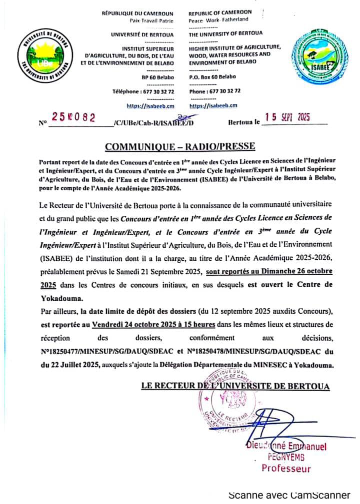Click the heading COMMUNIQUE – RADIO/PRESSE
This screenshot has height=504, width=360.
180,146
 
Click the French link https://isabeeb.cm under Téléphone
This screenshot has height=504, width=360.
150,105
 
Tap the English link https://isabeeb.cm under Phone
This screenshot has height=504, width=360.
213,105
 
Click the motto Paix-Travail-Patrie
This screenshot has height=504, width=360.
151,19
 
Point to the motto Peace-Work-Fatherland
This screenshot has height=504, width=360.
218,19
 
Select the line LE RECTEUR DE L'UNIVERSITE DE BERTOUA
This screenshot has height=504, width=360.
235,386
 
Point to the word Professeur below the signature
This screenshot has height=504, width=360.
286,469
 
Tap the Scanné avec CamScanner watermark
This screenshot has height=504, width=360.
289,495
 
